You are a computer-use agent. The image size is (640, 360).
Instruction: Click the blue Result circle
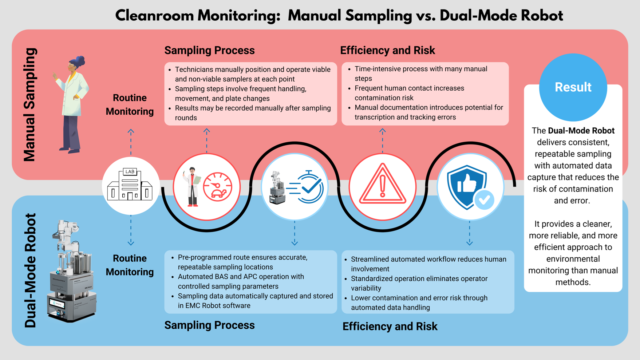click(573, 87)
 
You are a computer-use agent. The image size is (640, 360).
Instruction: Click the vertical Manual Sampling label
click(30, 104)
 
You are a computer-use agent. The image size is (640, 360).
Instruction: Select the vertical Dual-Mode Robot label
click(31, 270)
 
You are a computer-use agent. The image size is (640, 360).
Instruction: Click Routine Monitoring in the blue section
click(130, 265)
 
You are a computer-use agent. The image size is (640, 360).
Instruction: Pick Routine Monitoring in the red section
click(130, 104)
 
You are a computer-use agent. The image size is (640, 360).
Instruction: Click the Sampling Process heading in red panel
click(209, 50)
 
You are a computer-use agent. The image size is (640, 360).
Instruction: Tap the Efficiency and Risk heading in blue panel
click(390, 326)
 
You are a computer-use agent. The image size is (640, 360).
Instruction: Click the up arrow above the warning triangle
click(382, 131)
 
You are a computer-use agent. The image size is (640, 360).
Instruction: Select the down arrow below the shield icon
click(469, 242)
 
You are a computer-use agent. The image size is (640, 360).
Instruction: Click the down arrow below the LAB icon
click(131, 242)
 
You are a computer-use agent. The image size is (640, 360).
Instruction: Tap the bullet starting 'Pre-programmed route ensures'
click(242, 262)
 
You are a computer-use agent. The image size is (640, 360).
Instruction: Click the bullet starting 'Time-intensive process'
click(420, 74)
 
